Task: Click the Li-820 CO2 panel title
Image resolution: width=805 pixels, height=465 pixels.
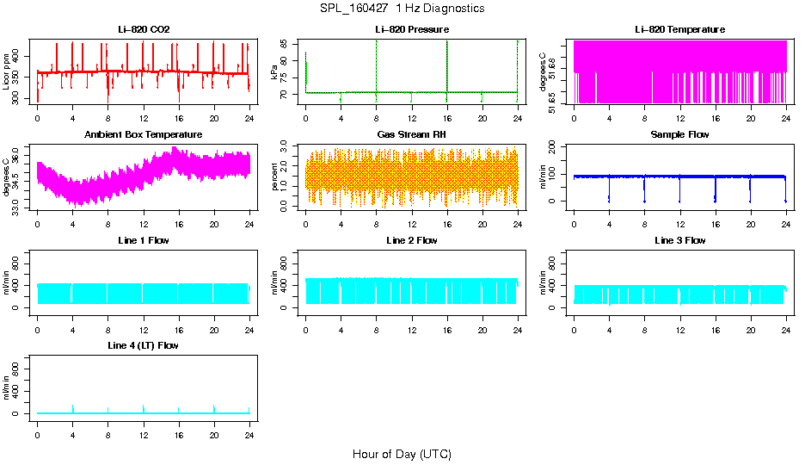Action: pyautogui.click(x=144, y=29)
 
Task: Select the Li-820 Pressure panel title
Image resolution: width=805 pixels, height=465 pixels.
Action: pyautogui.click(x=412, y=29)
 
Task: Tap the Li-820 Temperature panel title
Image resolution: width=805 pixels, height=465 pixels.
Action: pyautogui.click(x=679, y=29)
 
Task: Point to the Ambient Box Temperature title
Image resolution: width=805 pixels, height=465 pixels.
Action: pyautogui.click(x=144, y=135)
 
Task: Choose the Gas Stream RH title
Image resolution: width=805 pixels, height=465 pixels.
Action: pyautogui.click(x=412, y=135)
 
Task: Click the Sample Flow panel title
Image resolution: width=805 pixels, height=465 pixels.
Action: pyautogui.click(x=679, y=135)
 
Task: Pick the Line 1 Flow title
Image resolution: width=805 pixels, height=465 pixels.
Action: pyautogui.click(x=144, y=240)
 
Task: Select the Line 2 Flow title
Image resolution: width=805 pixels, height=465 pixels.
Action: pyautogui.click(x=412, y=240)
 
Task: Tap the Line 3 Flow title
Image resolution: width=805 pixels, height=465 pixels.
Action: pyautogui.click(x=679, y=240)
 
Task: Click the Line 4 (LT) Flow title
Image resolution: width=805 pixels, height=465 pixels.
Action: pyautogui.click(x=144, y=345)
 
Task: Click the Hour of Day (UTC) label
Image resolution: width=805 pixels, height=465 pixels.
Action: pyautogui.click(x=402, y=454)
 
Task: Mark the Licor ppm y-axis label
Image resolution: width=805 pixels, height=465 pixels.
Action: pyautogui.click(x=7, y=72)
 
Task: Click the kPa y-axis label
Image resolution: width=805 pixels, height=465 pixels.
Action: pyautogui.click(x=275, y=72)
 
